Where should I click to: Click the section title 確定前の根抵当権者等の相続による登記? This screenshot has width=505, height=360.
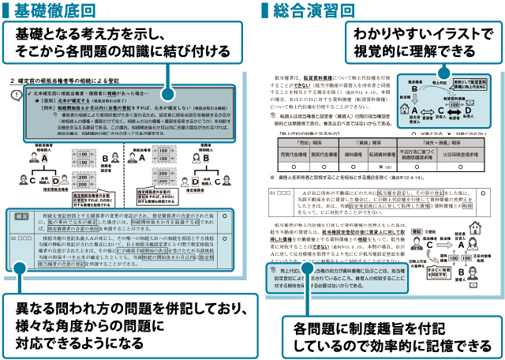[71, 82]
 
